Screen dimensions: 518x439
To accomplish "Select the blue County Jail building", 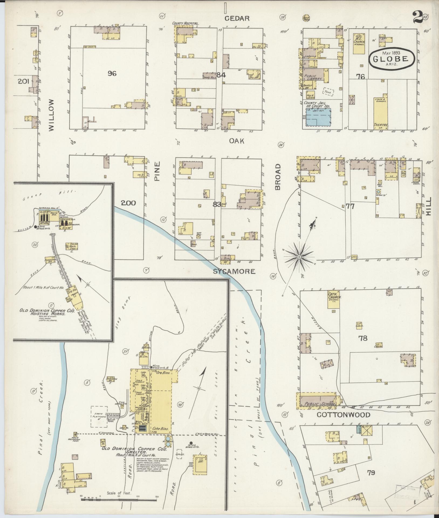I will pyautogui.click(x=318, y=119).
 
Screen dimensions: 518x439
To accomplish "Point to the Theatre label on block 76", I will pyautogui.click(x=380, y=125).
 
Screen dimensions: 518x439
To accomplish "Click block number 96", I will pyautogui.click(x=112, y=73).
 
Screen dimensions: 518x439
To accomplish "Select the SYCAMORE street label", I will pyautogui.click(x=234, y=271).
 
